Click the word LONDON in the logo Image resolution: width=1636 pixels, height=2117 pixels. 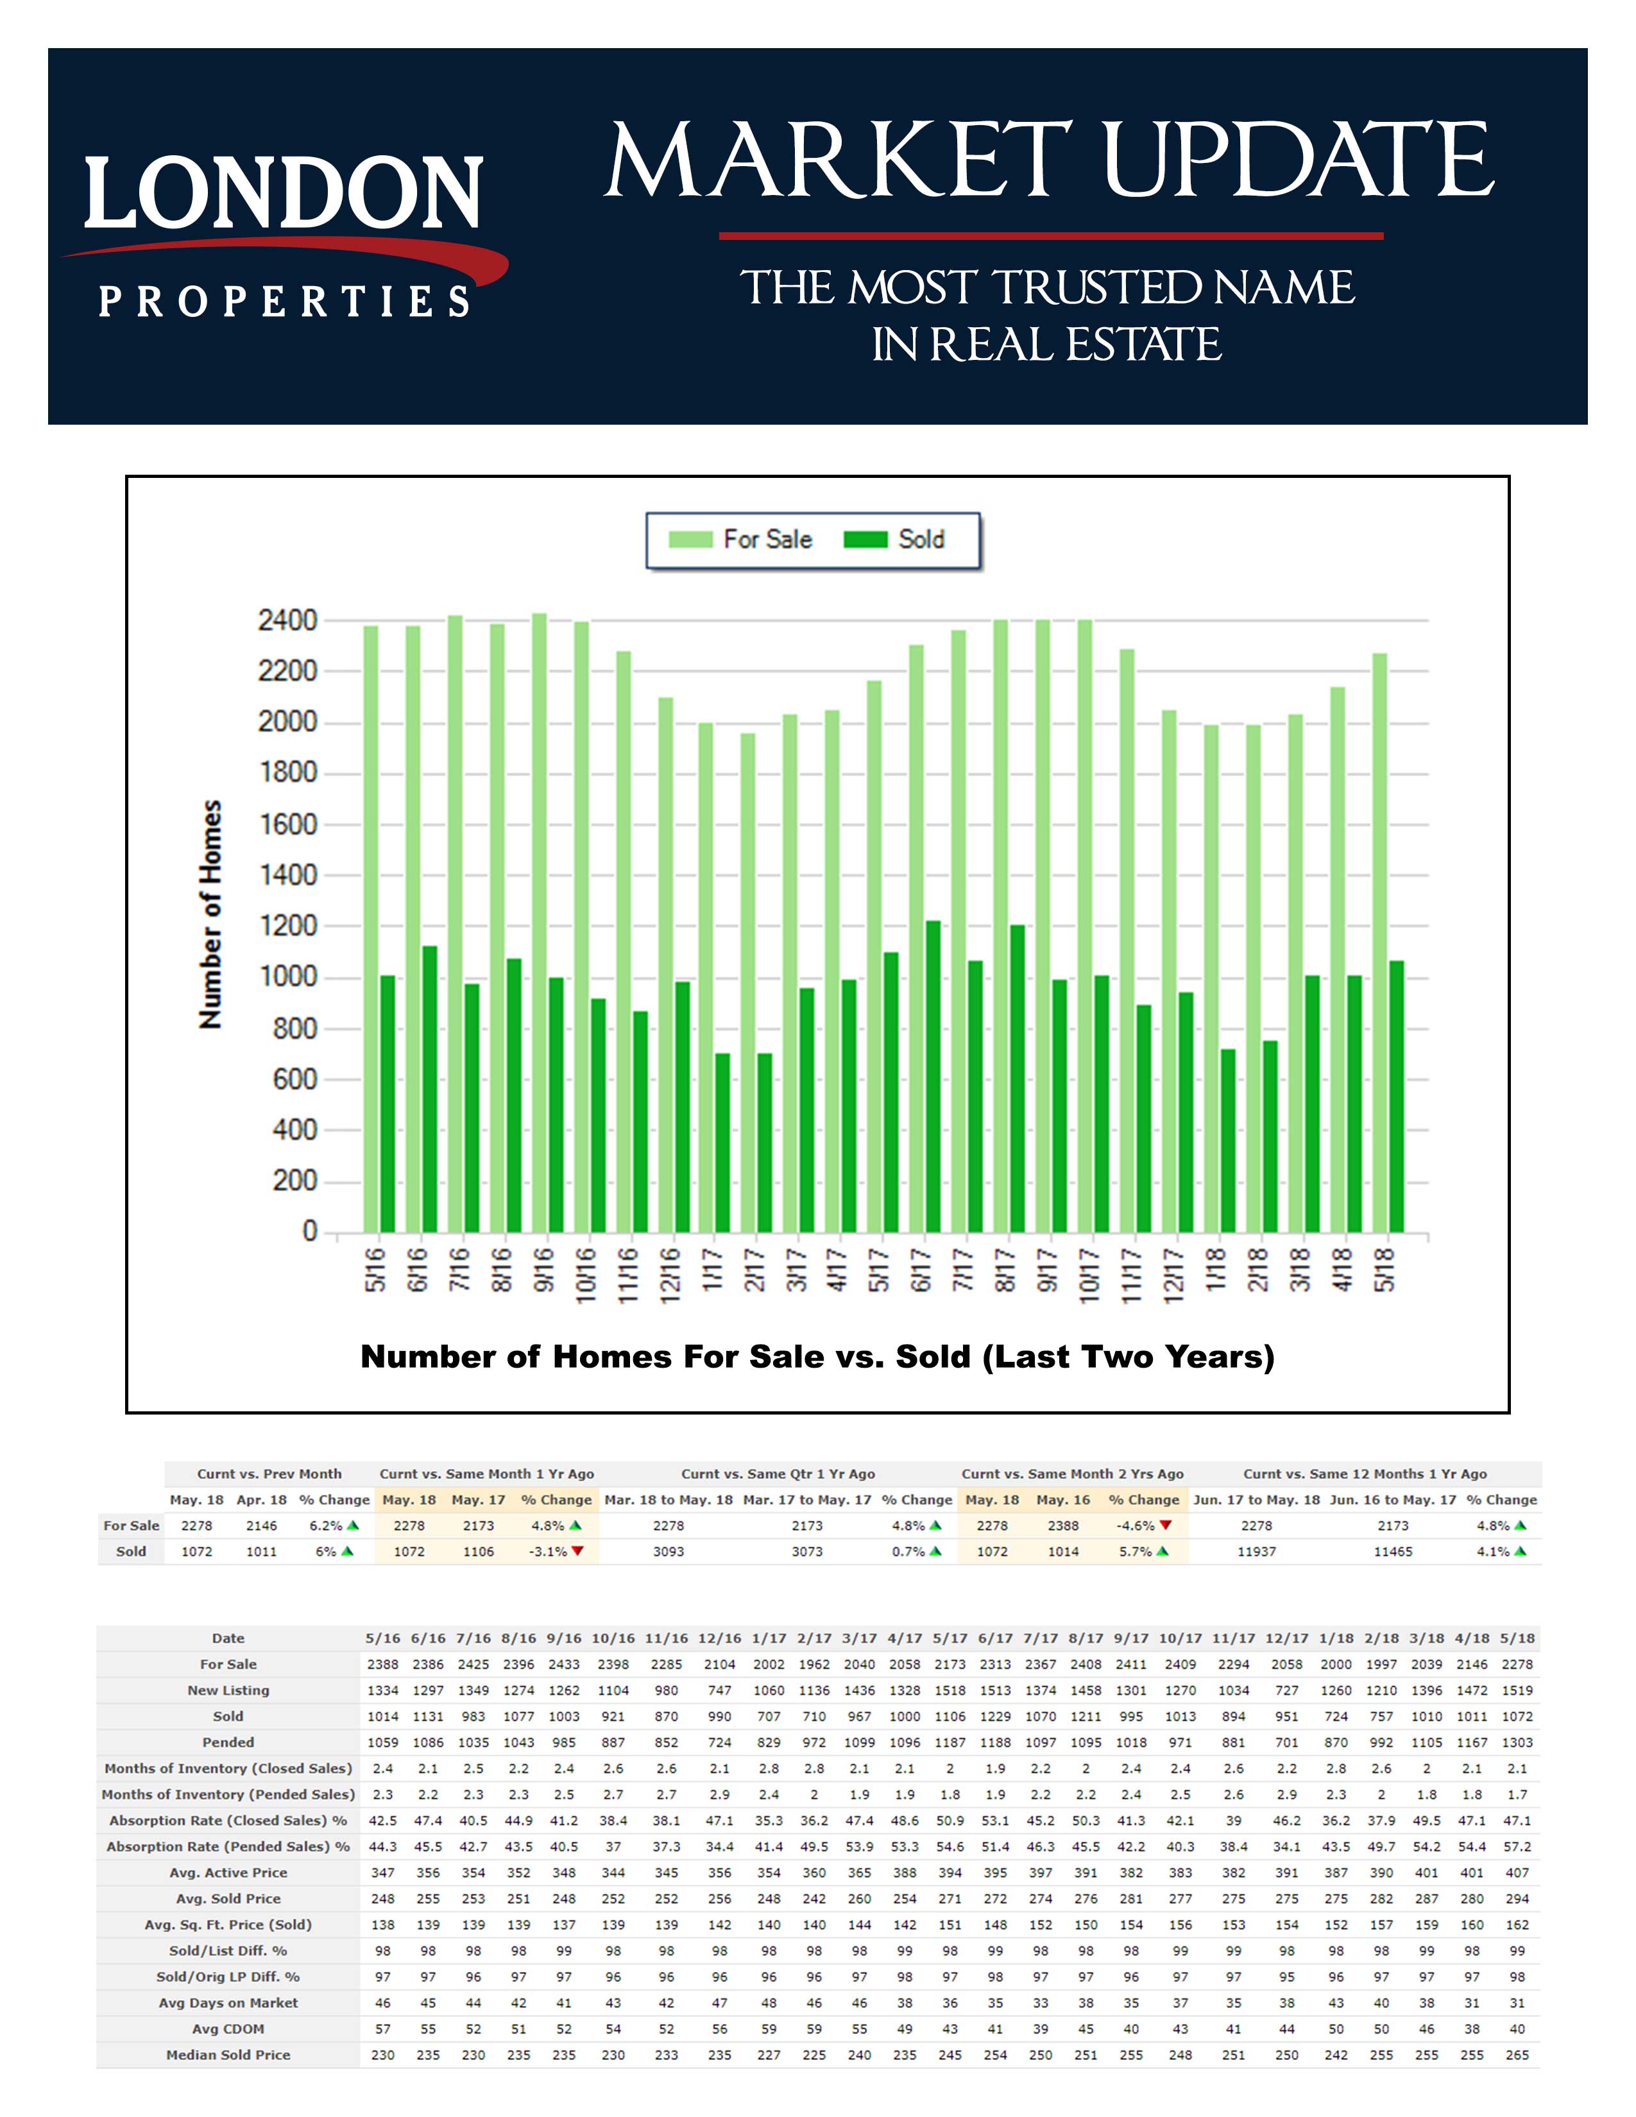pos(283,193)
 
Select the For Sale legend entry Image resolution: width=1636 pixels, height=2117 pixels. pos(742,540)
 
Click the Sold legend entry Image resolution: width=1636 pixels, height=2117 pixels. pos(894,540)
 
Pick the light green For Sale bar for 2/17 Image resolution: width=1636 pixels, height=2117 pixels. pos(748,984)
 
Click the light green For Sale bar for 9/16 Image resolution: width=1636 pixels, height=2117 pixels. pos(539,921)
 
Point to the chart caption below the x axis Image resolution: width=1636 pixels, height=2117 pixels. pos(817,1356)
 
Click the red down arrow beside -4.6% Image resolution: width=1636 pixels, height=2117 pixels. pos(1166,1526)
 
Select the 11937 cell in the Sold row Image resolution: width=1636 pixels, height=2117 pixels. pos(1256,1552)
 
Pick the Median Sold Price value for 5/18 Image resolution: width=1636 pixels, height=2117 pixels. pos(1517,2055)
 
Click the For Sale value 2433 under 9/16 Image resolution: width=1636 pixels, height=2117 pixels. pos(564,1664)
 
